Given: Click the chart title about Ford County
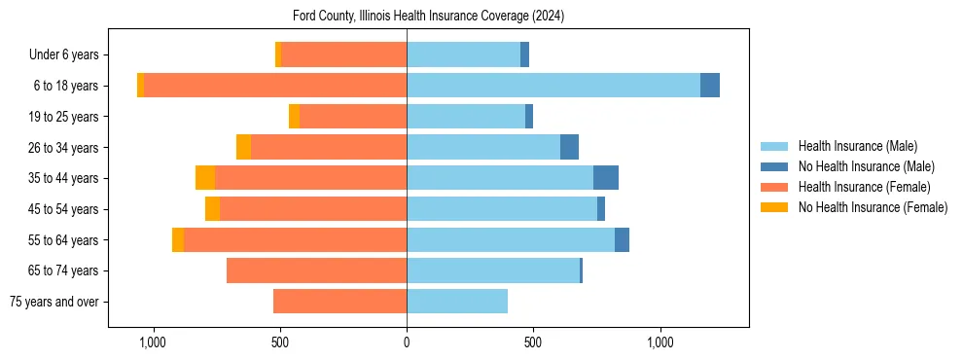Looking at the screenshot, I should click(x=428, y=17).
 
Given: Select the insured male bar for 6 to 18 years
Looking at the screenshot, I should click(x=553, y=86).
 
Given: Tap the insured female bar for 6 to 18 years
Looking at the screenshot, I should click(x=274, y=86).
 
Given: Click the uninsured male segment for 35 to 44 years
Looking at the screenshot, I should click(x=606, y=178).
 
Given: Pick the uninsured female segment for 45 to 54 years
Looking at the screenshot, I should click(x=212, y=209).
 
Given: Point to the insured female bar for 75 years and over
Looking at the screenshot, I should click(x=339, y=302).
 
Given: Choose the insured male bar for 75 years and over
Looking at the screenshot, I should click(x=457, y=302).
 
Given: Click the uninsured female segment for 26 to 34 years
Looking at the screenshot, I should click(x=243, y=147).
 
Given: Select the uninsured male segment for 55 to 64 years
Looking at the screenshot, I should click(x=622, y=239).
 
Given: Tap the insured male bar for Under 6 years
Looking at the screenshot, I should click(x=463, y=54).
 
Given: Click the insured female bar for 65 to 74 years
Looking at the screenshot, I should click(x=316, y=270).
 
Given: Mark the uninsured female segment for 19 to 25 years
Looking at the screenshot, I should click(x=294, y=117).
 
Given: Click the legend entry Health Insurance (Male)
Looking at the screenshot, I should click(x=857, y=146).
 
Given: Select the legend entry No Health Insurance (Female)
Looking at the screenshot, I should click(x=873, y=207).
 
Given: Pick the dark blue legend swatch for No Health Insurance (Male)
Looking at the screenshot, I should click(x=774, y=166).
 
